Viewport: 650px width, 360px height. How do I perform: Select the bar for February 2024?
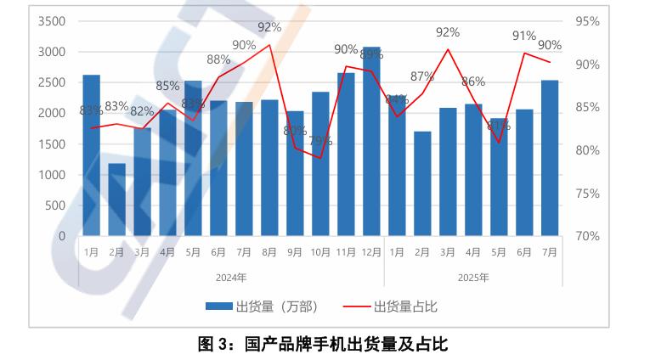click(116, 200)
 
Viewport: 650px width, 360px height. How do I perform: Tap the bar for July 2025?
click(550, 158)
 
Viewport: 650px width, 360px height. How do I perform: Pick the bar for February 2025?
click(422, 183)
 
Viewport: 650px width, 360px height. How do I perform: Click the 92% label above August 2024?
click(269, 26)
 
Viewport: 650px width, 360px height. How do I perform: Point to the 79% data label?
click(320, 141)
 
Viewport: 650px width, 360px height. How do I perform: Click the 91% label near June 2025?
click(523, 36)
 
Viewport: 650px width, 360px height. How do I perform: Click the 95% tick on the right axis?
click(587, 21)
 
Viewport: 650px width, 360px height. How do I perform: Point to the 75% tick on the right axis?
click(587, 194)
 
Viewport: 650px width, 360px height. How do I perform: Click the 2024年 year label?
click(231, 277)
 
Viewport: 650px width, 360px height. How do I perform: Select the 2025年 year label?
click(473, 277)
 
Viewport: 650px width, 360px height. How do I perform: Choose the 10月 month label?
click(320, 252)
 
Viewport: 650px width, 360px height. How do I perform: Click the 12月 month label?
click(371, 252)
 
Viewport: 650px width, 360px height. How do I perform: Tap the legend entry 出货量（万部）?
click(269, 307)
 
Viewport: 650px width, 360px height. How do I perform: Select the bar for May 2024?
click(193, 158)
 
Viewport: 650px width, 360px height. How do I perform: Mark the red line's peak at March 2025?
click(448, 49)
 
